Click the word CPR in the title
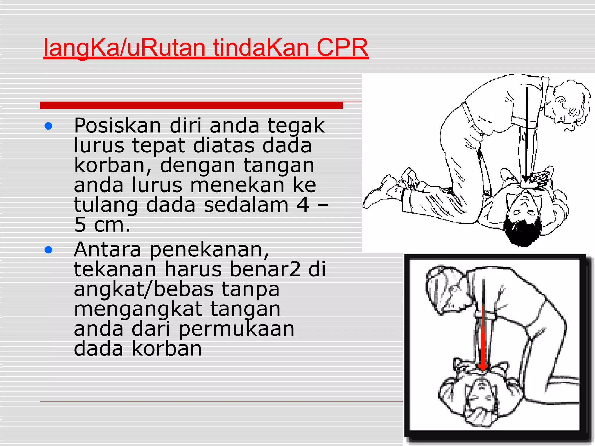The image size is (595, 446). (342, 48)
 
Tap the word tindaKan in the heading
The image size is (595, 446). (261, 48)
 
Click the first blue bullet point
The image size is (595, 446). (49, 126)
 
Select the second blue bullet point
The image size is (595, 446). (49, 250)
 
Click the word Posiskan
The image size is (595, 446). (117, 126)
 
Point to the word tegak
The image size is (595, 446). (296, 126)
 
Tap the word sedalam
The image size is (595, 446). (246, 205)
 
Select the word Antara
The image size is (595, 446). (107, 250)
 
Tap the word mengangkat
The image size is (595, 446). (138, 309)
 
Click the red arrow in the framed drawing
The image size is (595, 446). (483, 340)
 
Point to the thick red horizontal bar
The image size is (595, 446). (191, 105)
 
